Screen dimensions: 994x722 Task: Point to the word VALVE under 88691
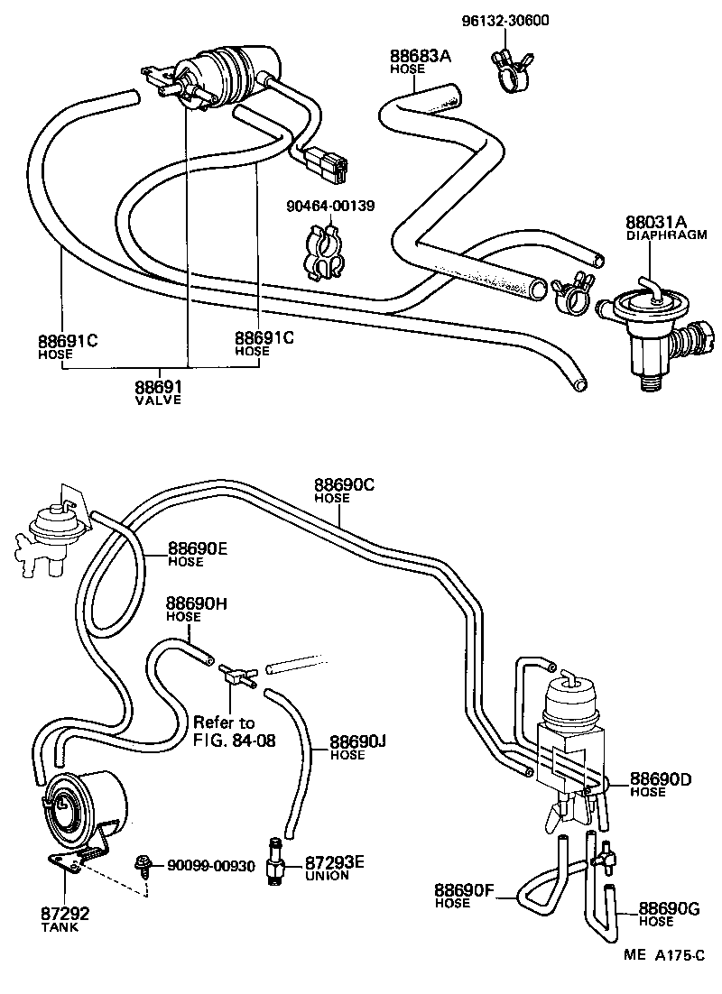point(158,400)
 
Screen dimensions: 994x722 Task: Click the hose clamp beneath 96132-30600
point(510,70)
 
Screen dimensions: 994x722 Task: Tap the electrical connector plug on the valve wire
point(329,164)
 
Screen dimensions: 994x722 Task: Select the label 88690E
point(198,548)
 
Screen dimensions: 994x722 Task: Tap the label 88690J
point(357,741)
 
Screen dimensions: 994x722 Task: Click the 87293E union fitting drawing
point(275,863)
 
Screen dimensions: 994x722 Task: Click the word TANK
point(59,926)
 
